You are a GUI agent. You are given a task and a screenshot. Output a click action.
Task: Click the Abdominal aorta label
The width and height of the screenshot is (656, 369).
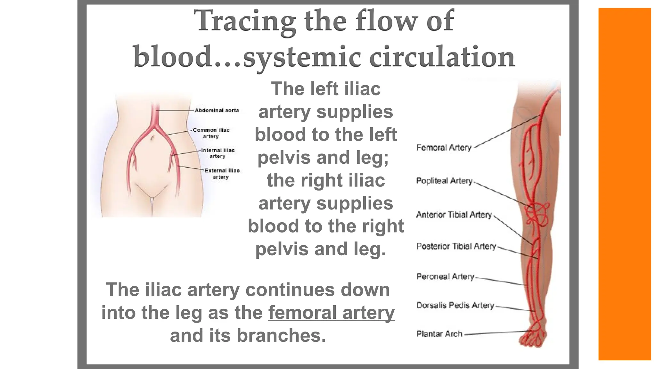point(217,111)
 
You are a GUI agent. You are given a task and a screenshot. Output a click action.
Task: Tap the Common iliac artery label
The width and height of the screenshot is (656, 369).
point(211,133)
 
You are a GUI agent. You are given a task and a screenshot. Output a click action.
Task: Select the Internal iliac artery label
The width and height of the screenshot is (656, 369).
point(218,153)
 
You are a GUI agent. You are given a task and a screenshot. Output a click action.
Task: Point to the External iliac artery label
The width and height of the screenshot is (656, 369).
point(222,174)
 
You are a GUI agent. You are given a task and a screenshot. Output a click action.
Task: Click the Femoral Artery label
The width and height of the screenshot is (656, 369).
point(444,148)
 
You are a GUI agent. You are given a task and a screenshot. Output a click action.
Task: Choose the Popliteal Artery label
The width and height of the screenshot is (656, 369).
point(444,181)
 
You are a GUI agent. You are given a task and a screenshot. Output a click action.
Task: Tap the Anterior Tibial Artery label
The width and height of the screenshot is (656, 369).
point(454,215)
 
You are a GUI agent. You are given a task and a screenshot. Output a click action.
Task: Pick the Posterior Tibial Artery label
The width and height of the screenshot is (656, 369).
point(456,246)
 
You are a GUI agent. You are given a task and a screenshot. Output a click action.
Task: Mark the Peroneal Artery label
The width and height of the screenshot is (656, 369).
point(445,277)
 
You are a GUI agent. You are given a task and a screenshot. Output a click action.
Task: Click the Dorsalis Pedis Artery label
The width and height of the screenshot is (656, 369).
point(455,305)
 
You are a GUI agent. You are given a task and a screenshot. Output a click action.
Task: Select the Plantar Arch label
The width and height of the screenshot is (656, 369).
point(439,334)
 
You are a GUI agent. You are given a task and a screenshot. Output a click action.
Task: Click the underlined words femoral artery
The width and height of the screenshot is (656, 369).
point(332,313)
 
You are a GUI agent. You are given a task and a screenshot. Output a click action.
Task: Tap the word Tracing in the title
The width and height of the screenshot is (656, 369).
point(245,21)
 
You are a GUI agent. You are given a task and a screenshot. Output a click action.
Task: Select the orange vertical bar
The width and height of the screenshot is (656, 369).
point(624,184)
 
